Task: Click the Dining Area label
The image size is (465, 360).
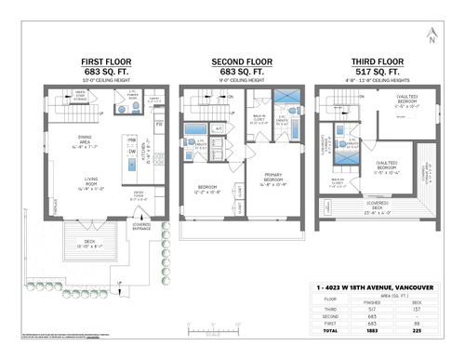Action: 75,142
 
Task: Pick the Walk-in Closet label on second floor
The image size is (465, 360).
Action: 259,119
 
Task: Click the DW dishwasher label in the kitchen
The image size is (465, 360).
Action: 133,152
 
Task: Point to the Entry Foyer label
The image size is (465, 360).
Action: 139,196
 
